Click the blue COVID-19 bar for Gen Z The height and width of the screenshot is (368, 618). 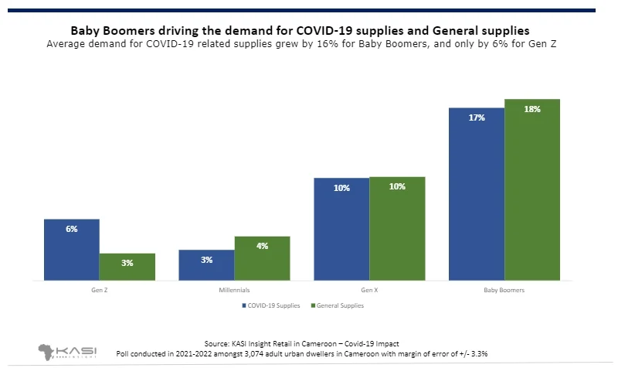[x=72, y=249]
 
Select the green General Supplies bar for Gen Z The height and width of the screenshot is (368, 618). [x=127, y=267]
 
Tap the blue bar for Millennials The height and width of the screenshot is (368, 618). [x=206, y=264]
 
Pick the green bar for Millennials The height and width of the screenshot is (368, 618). [x=262, y=257]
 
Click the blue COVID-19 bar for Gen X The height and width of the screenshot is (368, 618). [x=341, y=228]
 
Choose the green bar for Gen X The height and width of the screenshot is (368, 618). [x=397, y=228]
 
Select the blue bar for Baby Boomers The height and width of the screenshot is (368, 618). [x=476, y=193]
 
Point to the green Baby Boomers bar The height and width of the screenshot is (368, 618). [x=531, y=189]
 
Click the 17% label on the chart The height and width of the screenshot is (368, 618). [x=476, y=118]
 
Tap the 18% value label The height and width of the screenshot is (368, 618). [x=531, y=110]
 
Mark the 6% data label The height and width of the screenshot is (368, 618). [x=72, y=229]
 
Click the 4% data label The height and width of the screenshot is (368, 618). [x=262, y=246]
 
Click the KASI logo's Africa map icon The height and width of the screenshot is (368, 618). [x=49, y=349]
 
